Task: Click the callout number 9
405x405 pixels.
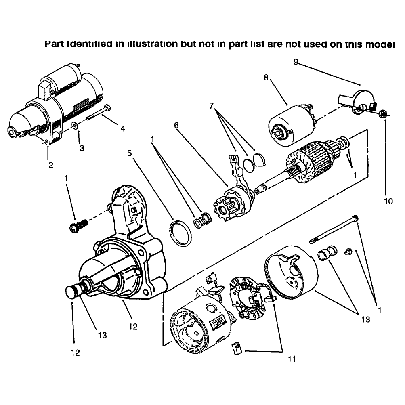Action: click(x=296, y=62)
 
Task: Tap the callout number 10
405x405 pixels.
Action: click(x=388, y=201)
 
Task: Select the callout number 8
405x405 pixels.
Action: click(x=266, y=77)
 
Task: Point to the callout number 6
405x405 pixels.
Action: click(x=176, y=125)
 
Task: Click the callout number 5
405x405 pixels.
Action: click(x=130, y=153)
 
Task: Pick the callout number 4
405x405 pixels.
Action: click(x=123, y=129)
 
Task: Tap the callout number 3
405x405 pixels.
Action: click(x=82, y=148)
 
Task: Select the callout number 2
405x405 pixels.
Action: click(x=50, y=165)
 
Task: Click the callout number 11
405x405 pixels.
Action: click(x=292, y=359)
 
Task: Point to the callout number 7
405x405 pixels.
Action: click(x=212, y=106)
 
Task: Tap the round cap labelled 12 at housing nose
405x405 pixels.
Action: click(x=70, y=292)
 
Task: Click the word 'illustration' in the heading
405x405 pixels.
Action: click(x=153, y=44)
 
